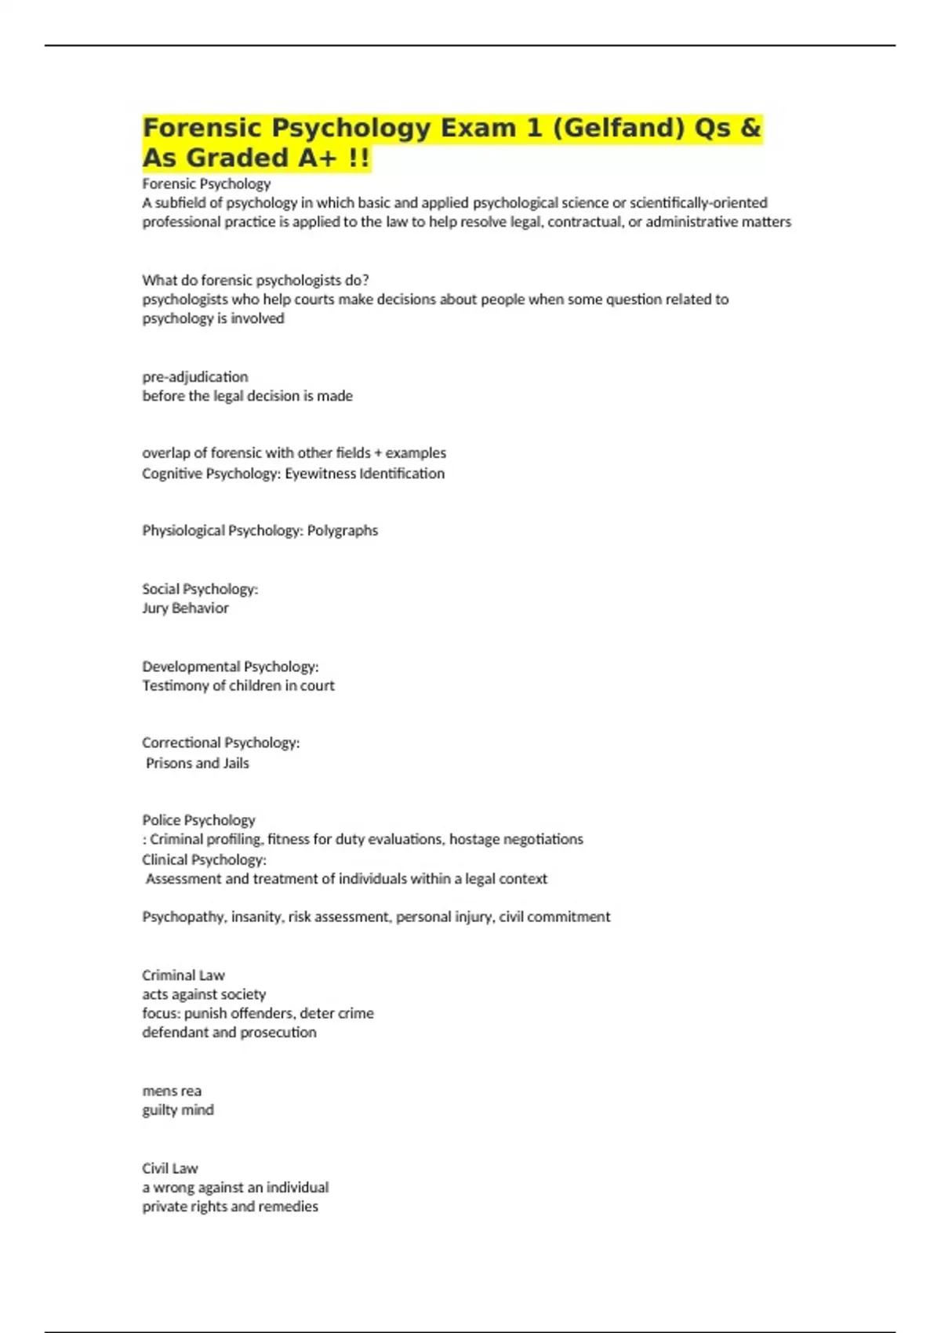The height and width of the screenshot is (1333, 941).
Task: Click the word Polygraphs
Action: pos(343,531)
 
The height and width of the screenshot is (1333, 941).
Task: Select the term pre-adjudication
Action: pos(194,377)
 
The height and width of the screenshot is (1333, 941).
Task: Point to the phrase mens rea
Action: pos(172,1091)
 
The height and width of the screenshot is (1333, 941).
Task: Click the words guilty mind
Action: pos(178,1110)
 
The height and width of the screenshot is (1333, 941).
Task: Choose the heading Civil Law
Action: pos(170,1168)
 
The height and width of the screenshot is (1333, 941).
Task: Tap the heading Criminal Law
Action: pos(183,975)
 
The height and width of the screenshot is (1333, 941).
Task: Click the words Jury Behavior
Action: pos(185,608)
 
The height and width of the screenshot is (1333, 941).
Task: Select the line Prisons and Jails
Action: pos(198,764)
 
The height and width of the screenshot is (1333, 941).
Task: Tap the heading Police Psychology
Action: pos(198,820)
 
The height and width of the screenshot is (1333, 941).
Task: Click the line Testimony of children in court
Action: pos(238,686)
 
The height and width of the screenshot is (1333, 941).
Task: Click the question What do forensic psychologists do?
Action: pos(255,281)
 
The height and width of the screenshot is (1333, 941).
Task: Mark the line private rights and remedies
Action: pos(230,1207)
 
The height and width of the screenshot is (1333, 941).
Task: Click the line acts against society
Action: pos(204,994)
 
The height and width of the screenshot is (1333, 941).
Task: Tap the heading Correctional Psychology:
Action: pos(220,743)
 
